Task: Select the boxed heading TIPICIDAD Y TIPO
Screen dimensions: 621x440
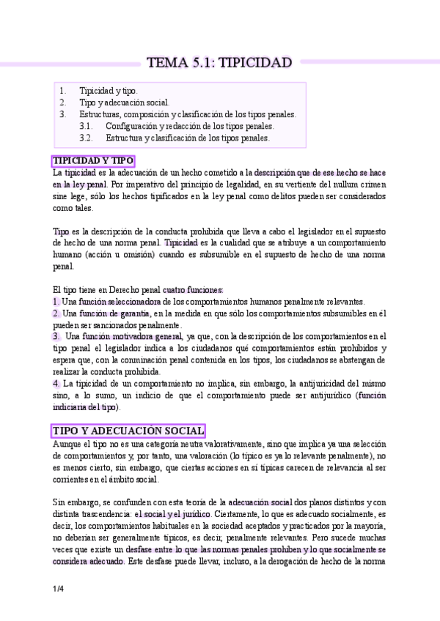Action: [x=92, y=161]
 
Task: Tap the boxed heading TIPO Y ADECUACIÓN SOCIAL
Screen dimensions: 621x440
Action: [x=128, y=431]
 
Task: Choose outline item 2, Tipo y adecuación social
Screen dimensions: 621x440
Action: [x=124, y=103]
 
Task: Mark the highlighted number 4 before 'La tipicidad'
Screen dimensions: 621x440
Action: [x=56, y=383]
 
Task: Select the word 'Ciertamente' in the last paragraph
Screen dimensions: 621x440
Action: [x=238, y=514]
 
